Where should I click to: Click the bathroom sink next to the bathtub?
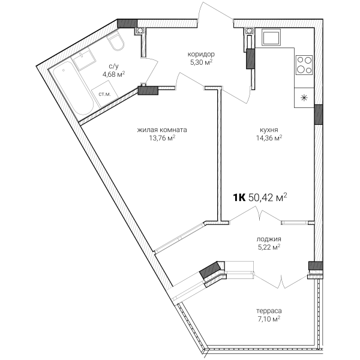(x=83, y=59)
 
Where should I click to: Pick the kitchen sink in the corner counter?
(x=272, y=37)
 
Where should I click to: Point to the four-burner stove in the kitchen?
(x=304, y=65)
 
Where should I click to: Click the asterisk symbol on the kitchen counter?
(x=304, y=98)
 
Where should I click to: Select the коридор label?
(x=201, y=55)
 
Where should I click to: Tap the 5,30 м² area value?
(x=201, y=62)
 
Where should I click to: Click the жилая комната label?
(x=162, y=130)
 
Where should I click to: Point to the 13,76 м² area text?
(x=163, y=138)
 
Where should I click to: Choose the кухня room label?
(x=269, y=130)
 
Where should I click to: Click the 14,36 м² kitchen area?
(x=269, y=138)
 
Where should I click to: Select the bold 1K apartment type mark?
(x=239, y=197)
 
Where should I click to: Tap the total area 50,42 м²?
(x=268, y=197)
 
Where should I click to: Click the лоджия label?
(x=269, y=239)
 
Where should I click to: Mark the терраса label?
(x=269, y=311)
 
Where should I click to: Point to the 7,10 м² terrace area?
(x=269, y=319)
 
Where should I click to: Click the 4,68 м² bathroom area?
(x=113, y=74)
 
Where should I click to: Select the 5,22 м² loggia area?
(x=269, y=247)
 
